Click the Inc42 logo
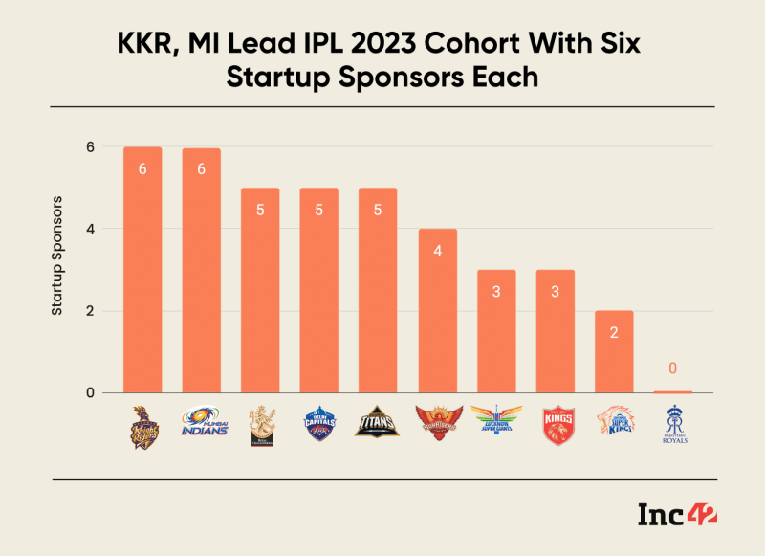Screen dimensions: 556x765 coord(677,515)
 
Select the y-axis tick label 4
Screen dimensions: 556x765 coord(90,229)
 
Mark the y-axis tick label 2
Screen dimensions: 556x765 coord(90,311)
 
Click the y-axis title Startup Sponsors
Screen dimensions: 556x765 coord(57,256)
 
